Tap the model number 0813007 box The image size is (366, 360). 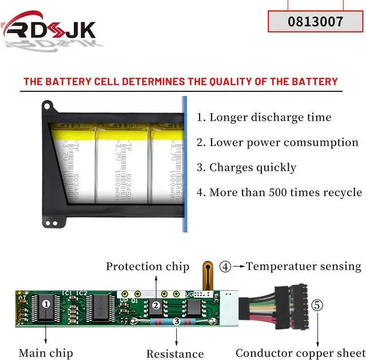pyautogui.click(x=316, y=22)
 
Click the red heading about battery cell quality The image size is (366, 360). pyautogui.click(x=181, y=82)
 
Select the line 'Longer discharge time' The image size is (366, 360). pyautogui.click(x=264, y=118)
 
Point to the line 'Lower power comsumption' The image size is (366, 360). pyautogui.click(x=277, y=143)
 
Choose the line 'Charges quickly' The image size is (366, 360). pyautogui.click(x=246, y=167)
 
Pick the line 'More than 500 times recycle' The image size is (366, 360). pyautogui.click(x=279, y=193)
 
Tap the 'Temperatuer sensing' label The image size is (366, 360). pyautogui.click(x=304, y=266)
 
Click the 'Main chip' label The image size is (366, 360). pyautogui.click(x=45, y=353)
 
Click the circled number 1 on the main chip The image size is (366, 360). pyautogui.click(x=46, y=305)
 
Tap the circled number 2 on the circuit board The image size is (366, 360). pyautogui.click(x=156, y=306)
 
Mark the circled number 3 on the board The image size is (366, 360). pyautogui.click(x=177, y=322)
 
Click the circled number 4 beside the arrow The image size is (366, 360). pyautogui.click(x=226, y=266)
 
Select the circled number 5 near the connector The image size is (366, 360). pyautogui.click(x=317, y=305)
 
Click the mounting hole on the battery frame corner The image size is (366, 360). pyautogui.click(x=50, y=106)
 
